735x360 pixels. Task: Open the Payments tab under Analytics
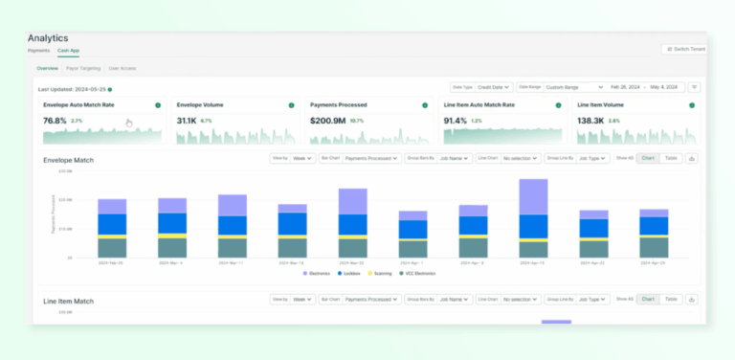coord(38,50)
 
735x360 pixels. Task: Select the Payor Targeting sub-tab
coord(83,69)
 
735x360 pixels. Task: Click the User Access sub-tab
coord(122,69)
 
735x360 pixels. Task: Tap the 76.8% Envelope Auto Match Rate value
coord(55,122)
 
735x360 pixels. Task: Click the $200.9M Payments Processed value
coord(327,122)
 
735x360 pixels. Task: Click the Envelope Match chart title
coord(69,159)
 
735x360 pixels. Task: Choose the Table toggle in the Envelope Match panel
coord(671,158)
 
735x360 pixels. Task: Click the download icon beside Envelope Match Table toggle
coord(692,158)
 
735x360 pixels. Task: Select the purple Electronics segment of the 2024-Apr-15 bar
coord(533,196)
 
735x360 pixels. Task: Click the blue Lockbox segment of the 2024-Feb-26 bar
coord(112,223)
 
